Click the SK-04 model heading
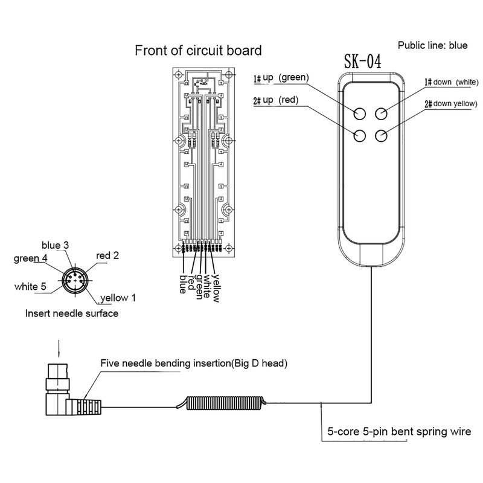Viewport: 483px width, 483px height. coord(363,61)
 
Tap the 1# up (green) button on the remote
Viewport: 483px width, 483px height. coord(359,114)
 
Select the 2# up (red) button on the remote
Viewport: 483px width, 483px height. coord(359,135)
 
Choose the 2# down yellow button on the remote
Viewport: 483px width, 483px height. coord(381,135)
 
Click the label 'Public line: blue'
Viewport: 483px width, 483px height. coord(432,45)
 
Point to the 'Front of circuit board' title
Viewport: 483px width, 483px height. coord(199,50)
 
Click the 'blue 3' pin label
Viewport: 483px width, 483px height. coord(55,245)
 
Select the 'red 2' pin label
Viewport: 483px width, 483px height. coord(107,255)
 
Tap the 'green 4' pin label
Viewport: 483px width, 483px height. coord(31,258)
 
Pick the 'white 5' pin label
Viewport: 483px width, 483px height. coord(30,286)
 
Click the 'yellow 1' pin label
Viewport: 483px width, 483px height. coord(118,298)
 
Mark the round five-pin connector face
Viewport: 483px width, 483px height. coord(75,281)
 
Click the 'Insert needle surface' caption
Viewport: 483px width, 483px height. coord(72,313)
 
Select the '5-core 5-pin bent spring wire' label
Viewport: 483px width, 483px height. coord(399,432)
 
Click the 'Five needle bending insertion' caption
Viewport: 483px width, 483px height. coord(194,363)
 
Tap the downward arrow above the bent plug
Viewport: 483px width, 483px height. coord(59,349)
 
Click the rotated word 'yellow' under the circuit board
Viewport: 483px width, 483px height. coord(217,289)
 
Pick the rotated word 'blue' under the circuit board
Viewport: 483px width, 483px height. coord(183,284)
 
